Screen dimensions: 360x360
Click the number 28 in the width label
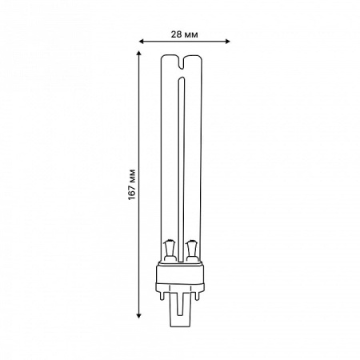(175, 34)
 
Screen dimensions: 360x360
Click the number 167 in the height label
(132, 192)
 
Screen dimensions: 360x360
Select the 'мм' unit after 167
(132, 175)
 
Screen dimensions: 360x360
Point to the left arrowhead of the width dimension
(142, 41)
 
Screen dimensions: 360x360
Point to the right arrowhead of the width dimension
(227, 41)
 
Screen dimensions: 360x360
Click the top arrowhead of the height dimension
(138, 53)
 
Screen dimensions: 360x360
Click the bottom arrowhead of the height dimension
(138, 316)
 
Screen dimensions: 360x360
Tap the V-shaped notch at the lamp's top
(182, 62)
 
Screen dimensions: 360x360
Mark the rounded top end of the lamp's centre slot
(182, 79)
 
